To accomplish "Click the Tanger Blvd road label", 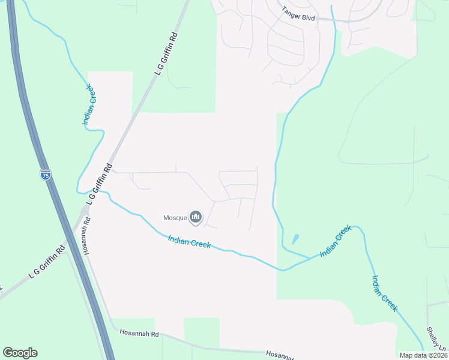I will pyautogui.click(x=299, y=10).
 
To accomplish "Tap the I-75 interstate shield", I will pyautogui.click(x=46, y=175).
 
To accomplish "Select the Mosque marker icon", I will pyautogui.click(x=195, y=217).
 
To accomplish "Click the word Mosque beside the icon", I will pyautogui.click(x=175, y=217).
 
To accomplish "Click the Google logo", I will pyautogui.click(x=20, y=353).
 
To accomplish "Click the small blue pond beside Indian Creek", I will pyautogui.click(x=295, y=239).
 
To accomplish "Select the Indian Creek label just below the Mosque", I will pyautogui.click(x=189, y=242).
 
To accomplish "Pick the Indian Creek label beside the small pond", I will pyautogui.click(x=335, y=241).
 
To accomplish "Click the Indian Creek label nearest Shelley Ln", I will pyautogui.click(x=384, y=293).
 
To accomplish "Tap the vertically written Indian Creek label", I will pyautogui.click(x=88, y=104).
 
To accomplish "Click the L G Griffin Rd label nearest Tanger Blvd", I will pyautogui.click(x=167, y=53).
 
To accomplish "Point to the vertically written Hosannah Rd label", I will pyautogui.click(x=87, y=235).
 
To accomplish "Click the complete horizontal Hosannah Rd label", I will pyautogui.click(x=139, y=333).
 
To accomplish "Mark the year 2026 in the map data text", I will pyautogui.click(x=437, y=355).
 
